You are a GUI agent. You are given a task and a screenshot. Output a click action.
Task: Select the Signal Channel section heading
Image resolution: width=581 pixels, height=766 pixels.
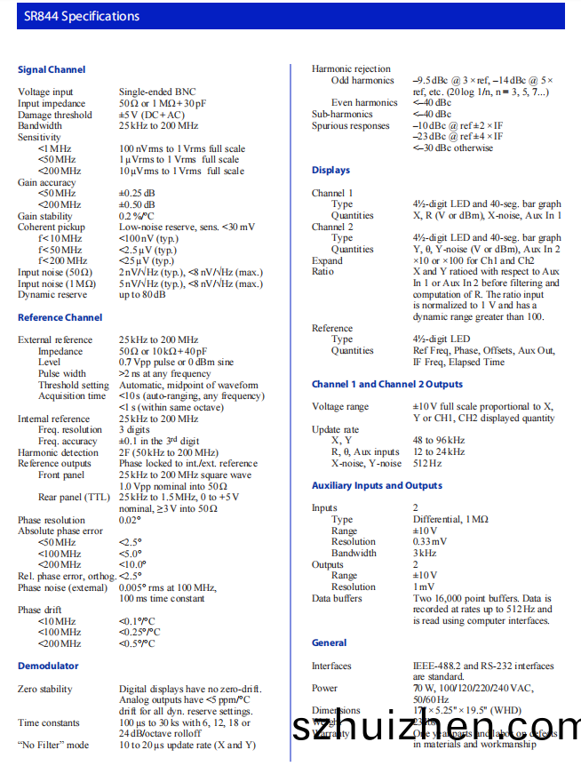tap(52, 69)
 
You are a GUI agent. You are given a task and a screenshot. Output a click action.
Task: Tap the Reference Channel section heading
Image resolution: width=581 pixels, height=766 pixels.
tap(60, 317)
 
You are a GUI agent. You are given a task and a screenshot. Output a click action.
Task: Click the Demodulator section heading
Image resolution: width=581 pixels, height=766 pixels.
tap(48, 666)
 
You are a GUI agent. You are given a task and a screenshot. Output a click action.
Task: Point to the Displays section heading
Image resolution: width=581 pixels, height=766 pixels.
tap(330, 170)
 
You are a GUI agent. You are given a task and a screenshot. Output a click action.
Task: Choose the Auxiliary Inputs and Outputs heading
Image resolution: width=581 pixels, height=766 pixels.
tap(377, 485)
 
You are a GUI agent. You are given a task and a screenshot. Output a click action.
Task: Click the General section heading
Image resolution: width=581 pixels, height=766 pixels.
tap(330, 642)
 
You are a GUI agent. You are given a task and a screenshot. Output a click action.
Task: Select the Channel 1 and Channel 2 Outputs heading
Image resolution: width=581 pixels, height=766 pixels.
tap(387, 384)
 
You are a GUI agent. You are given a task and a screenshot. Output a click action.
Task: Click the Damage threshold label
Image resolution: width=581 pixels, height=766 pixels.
tap(54, 115)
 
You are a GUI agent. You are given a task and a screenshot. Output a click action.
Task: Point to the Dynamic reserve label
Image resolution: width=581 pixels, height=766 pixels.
tap(52, 294)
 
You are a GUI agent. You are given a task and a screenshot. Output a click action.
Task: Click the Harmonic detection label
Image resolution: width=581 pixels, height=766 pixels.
tap(58, 452)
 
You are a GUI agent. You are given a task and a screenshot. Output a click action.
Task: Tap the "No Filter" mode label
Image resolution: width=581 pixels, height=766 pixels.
tap(53, 745)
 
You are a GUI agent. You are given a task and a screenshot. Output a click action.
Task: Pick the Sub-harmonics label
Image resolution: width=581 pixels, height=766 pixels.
tap(342, 114)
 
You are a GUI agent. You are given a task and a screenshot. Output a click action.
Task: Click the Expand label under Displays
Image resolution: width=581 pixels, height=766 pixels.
tap(327, 260)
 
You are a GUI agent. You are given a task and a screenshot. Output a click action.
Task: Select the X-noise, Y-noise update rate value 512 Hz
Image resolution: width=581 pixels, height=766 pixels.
tap(427, 463)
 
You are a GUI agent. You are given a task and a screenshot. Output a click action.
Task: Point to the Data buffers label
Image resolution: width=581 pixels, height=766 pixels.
tap(337, 598)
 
